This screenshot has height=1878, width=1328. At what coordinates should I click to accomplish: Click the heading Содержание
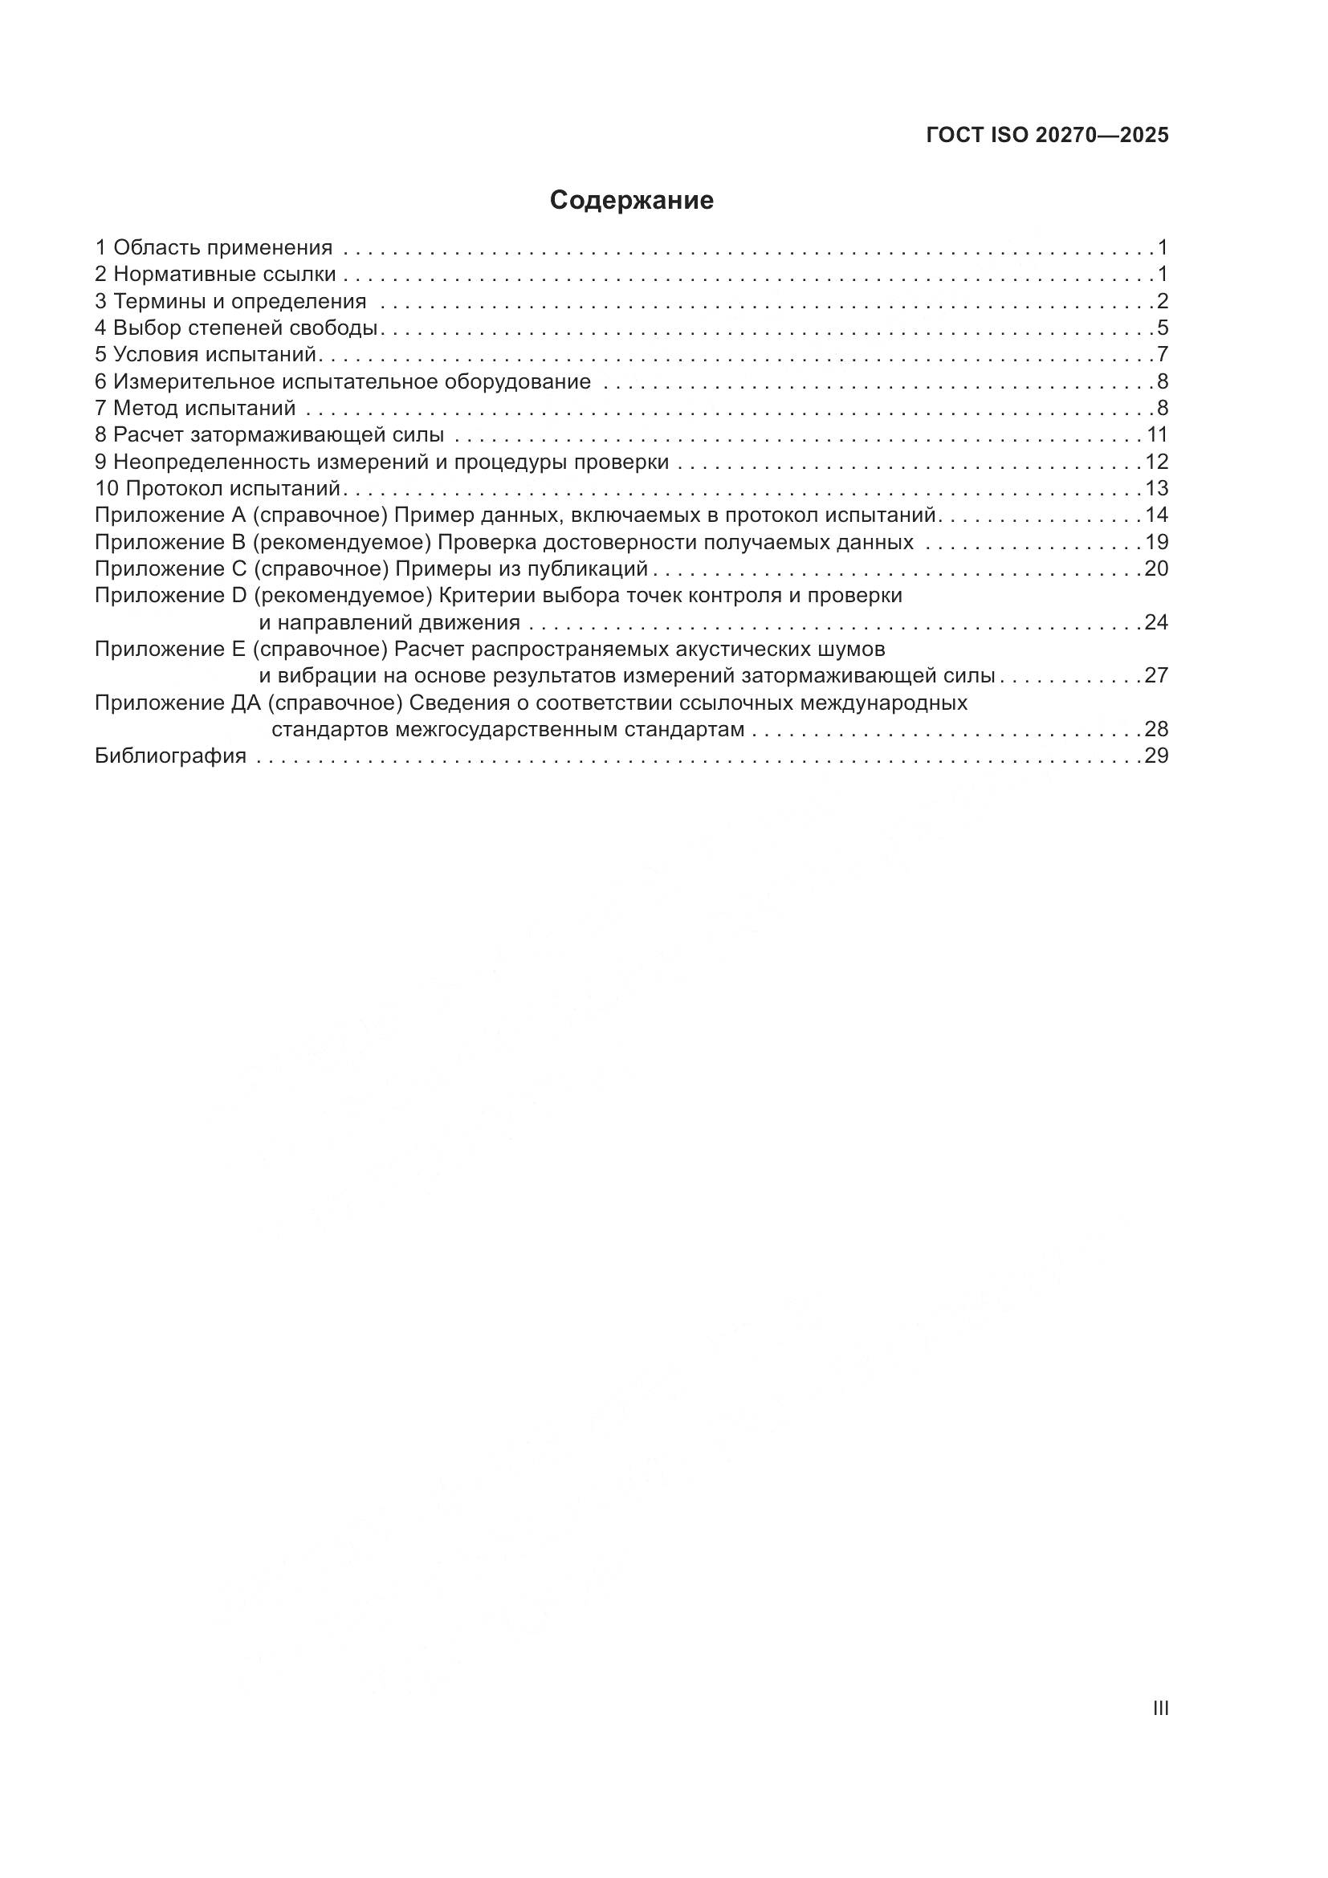631,201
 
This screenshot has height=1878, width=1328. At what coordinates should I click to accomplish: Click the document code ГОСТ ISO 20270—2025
1048,135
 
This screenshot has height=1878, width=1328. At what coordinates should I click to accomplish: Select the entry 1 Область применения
214,247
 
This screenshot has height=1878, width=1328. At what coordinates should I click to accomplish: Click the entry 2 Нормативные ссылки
215,274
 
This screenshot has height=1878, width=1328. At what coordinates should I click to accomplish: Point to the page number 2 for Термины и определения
1162,301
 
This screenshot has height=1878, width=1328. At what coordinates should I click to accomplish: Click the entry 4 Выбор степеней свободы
236,328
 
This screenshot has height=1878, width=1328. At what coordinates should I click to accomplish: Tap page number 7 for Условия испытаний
1162,354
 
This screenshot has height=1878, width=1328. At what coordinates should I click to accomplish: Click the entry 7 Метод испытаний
195,407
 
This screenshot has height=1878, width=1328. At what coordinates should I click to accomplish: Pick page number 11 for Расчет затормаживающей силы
1157,434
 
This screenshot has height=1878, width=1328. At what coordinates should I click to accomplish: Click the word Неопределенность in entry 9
213,462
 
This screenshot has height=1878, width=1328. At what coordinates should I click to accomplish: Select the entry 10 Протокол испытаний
218,488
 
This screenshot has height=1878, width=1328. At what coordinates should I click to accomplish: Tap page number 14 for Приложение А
1156,515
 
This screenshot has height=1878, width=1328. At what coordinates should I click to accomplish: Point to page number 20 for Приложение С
1156,568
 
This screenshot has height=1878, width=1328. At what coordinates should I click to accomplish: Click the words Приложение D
170,596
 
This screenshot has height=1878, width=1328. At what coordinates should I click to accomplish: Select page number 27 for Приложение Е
1156,675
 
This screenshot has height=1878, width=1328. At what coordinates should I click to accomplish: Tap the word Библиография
170,756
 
